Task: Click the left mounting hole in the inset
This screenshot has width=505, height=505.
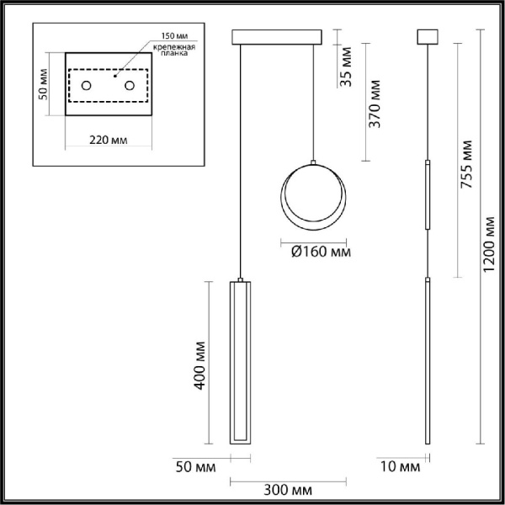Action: [x=87, y=86]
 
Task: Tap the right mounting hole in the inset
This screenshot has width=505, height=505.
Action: [x=130, y=86]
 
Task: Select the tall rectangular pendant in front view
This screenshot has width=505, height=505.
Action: [x=241, y=363]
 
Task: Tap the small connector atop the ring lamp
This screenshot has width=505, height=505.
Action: [x=313, y=162]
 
